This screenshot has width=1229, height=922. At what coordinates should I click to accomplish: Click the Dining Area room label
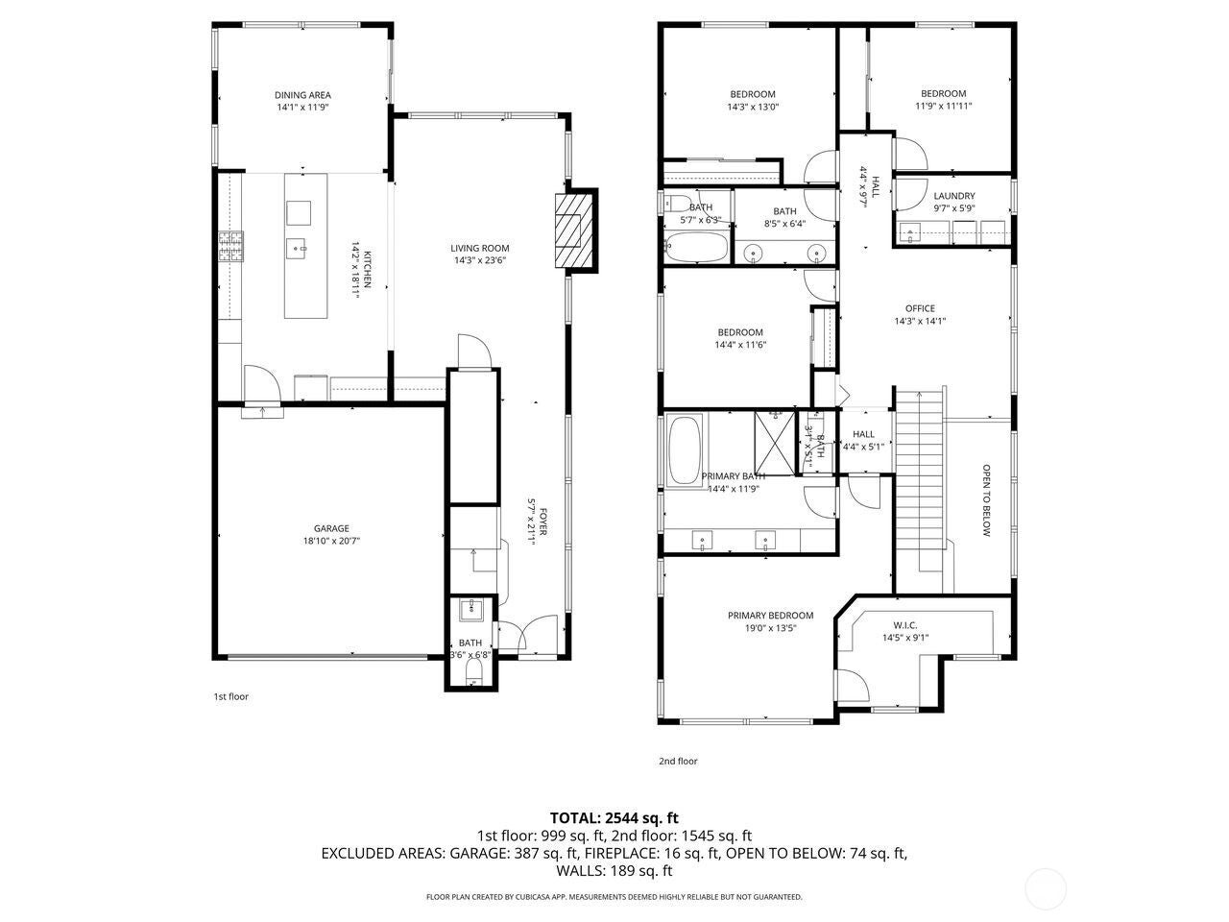click(302, 95)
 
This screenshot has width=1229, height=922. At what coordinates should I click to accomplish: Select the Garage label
click(331, 528)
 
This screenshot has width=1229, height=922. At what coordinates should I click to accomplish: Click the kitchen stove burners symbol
click(230, 248)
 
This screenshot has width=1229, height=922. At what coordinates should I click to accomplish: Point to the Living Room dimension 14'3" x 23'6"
click(480, 260)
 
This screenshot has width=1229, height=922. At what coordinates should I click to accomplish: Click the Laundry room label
click(953, 196)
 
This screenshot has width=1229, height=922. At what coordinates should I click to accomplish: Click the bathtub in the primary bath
click(684, 449)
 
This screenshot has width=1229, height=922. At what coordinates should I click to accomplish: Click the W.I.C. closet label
click(904, 624)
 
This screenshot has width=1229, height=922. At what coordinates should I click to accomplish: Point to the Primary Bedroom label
click(770, 616)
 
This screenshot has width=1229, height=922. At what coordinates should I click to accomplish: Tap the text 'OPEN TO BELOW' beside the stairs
click(986, 500)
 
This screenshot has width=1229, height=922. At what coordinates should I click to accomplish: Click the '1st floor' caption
click(230, 696)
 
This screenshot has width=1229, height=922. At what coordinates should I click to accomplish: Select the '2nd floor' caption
click(678, 761)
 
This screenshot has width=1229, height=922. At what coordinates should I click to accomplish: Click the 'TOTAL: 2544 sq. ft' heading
click(614, 818)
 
